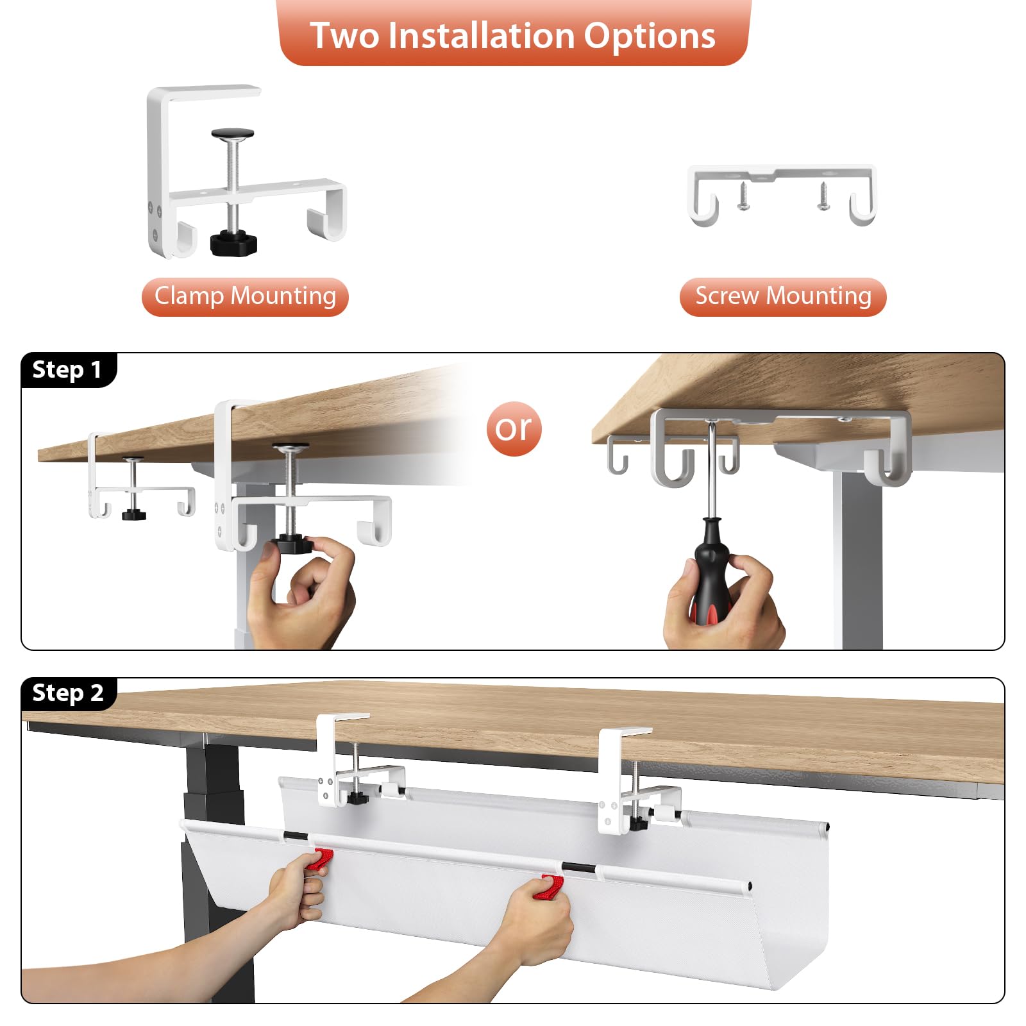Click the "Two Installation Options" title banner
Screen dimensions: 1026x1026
click(x=513, y=33)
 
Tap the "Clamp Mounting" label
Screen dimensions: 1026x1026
click(x=245, y=296)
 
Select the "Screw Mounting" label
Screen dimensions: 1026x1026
click(x=783, y=296)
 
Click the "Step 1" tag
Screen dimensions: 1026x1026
click(x=68, y=370)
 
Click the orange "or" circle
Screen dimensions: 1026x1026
click(x=514, y=428)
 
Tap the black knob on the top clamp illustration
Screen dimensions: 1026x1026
click(x=233, y=242)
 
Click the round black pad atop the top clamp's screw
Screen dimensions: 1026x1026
click(x=233, y=134)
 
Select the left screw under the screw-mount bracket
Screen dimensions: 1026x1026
click(x=743, y=196)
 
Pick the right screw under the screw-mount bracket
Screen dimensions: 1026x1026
click(x=823, y=196)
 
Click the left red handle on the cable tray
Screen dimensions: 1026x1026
click(x=319, y=859)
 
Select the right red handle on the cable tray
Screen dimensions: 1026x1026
click(x=552, y=887)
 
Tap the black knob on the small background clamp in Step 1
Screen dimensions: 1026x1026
click(x=134, y=514)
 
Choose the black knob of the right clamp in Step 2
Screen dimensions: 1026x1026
click(x=637, y=823)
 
